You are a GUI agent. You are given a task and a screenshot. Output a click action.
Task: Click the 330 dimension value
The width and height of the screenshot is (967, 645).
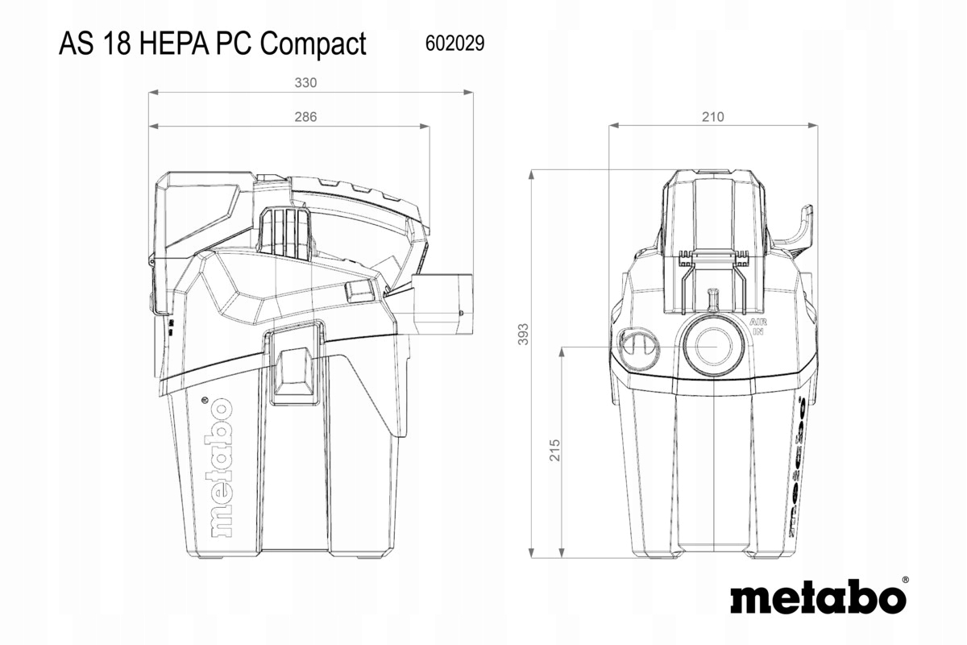[x=305, y=82]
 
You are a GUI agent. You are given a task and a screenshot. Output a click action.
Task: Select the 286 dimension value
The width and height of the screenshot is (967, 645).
[x=305, y=117]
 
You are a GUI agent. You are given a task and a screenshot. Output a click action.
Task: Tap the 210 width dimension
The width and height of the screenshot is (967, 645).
[x=712, y=117]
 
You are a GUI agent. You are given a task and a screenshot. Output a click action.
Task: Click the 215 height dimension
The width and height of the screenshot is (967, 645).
[x=554, y=451]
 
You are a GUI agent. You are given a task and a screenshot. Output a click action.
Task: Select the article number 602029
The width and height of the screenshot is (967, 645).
[x=454, y=44]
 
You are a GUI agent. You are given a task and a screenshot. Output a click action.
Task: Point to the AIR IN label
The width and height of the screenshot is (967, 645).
[x=757, y=327]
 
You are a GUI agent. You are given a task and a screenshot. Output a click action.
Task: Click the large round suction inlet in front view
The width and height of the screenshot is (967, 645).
[x=712, y=341]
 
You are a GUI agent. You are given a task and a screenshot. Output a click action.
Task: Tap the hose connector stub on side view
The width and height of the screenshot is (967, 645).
[x=441, y=304]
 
